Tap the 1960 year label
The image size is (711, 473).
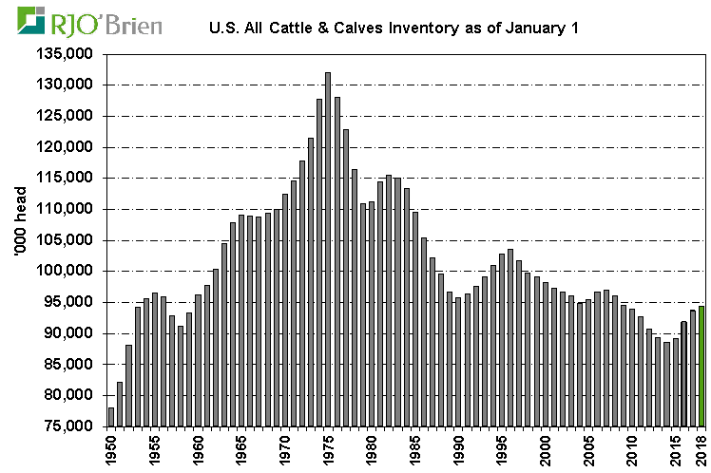198,447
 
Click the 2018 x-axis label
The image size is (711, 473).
702,447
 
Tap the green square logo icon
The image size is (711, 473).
33,22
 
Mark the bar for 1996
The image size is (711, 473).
510,337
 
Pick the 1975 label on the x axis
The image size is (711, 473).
328,447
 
